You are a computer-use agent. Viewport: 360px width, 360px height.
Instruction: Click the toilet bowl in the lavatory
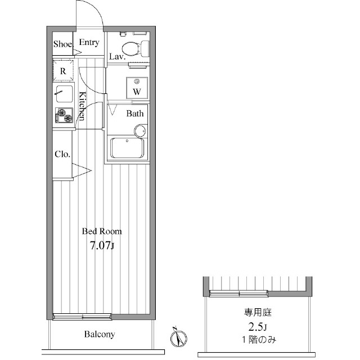click(135, 49)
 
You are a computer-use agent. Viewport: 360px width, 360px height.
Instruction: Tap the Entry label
click(89, 43)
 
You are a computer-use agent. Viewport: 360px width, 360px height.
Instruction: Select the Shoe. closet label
click(63, 44)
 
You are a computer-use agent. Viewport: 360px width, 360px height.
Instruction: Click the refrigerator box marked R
click(63, 70)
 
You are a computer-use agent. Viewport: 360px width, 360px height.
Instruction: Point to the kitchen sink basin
click(65, 94)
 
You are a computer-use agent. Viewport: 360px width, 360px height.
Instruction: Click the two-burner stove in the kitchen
click(64, 115)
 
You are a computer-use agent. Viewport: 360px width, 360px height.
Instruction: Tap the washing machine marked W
click(137, 88)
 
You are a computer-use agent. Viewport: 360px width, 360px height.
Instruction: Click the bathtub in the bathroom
click(127, 148)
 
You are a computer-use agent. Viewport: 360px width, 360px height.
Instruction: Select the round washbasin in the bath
click(140, 131)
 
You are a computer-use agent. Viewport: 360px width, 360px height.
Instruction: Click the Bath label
click(135, 114)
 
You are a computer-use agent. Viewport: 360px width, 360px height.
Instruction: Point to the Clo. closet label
click(62, 154)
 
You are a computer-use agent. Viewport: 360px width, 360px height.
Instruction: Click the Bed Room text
click(102, 231)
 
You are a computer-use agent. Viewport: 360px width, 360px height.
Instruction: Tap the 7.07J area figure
click(102, 246)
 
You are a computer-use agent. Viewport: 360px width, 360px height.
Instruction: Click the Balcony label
click(100, 334)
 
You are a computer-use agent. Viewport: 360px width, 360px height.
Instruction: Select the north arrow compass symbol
click(178, 337)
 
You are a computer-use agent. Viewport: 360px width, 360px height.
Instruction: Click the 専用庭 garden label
click(258, 313)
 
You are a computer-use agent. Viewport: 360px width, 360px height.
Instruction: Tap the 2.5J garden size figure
click(258, 327)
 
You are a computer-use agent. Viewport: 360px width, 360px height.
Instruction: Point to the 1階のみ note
click(259, 340)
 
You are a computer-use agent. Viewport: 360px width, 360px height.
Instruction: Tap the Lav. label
click(117, 56)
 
